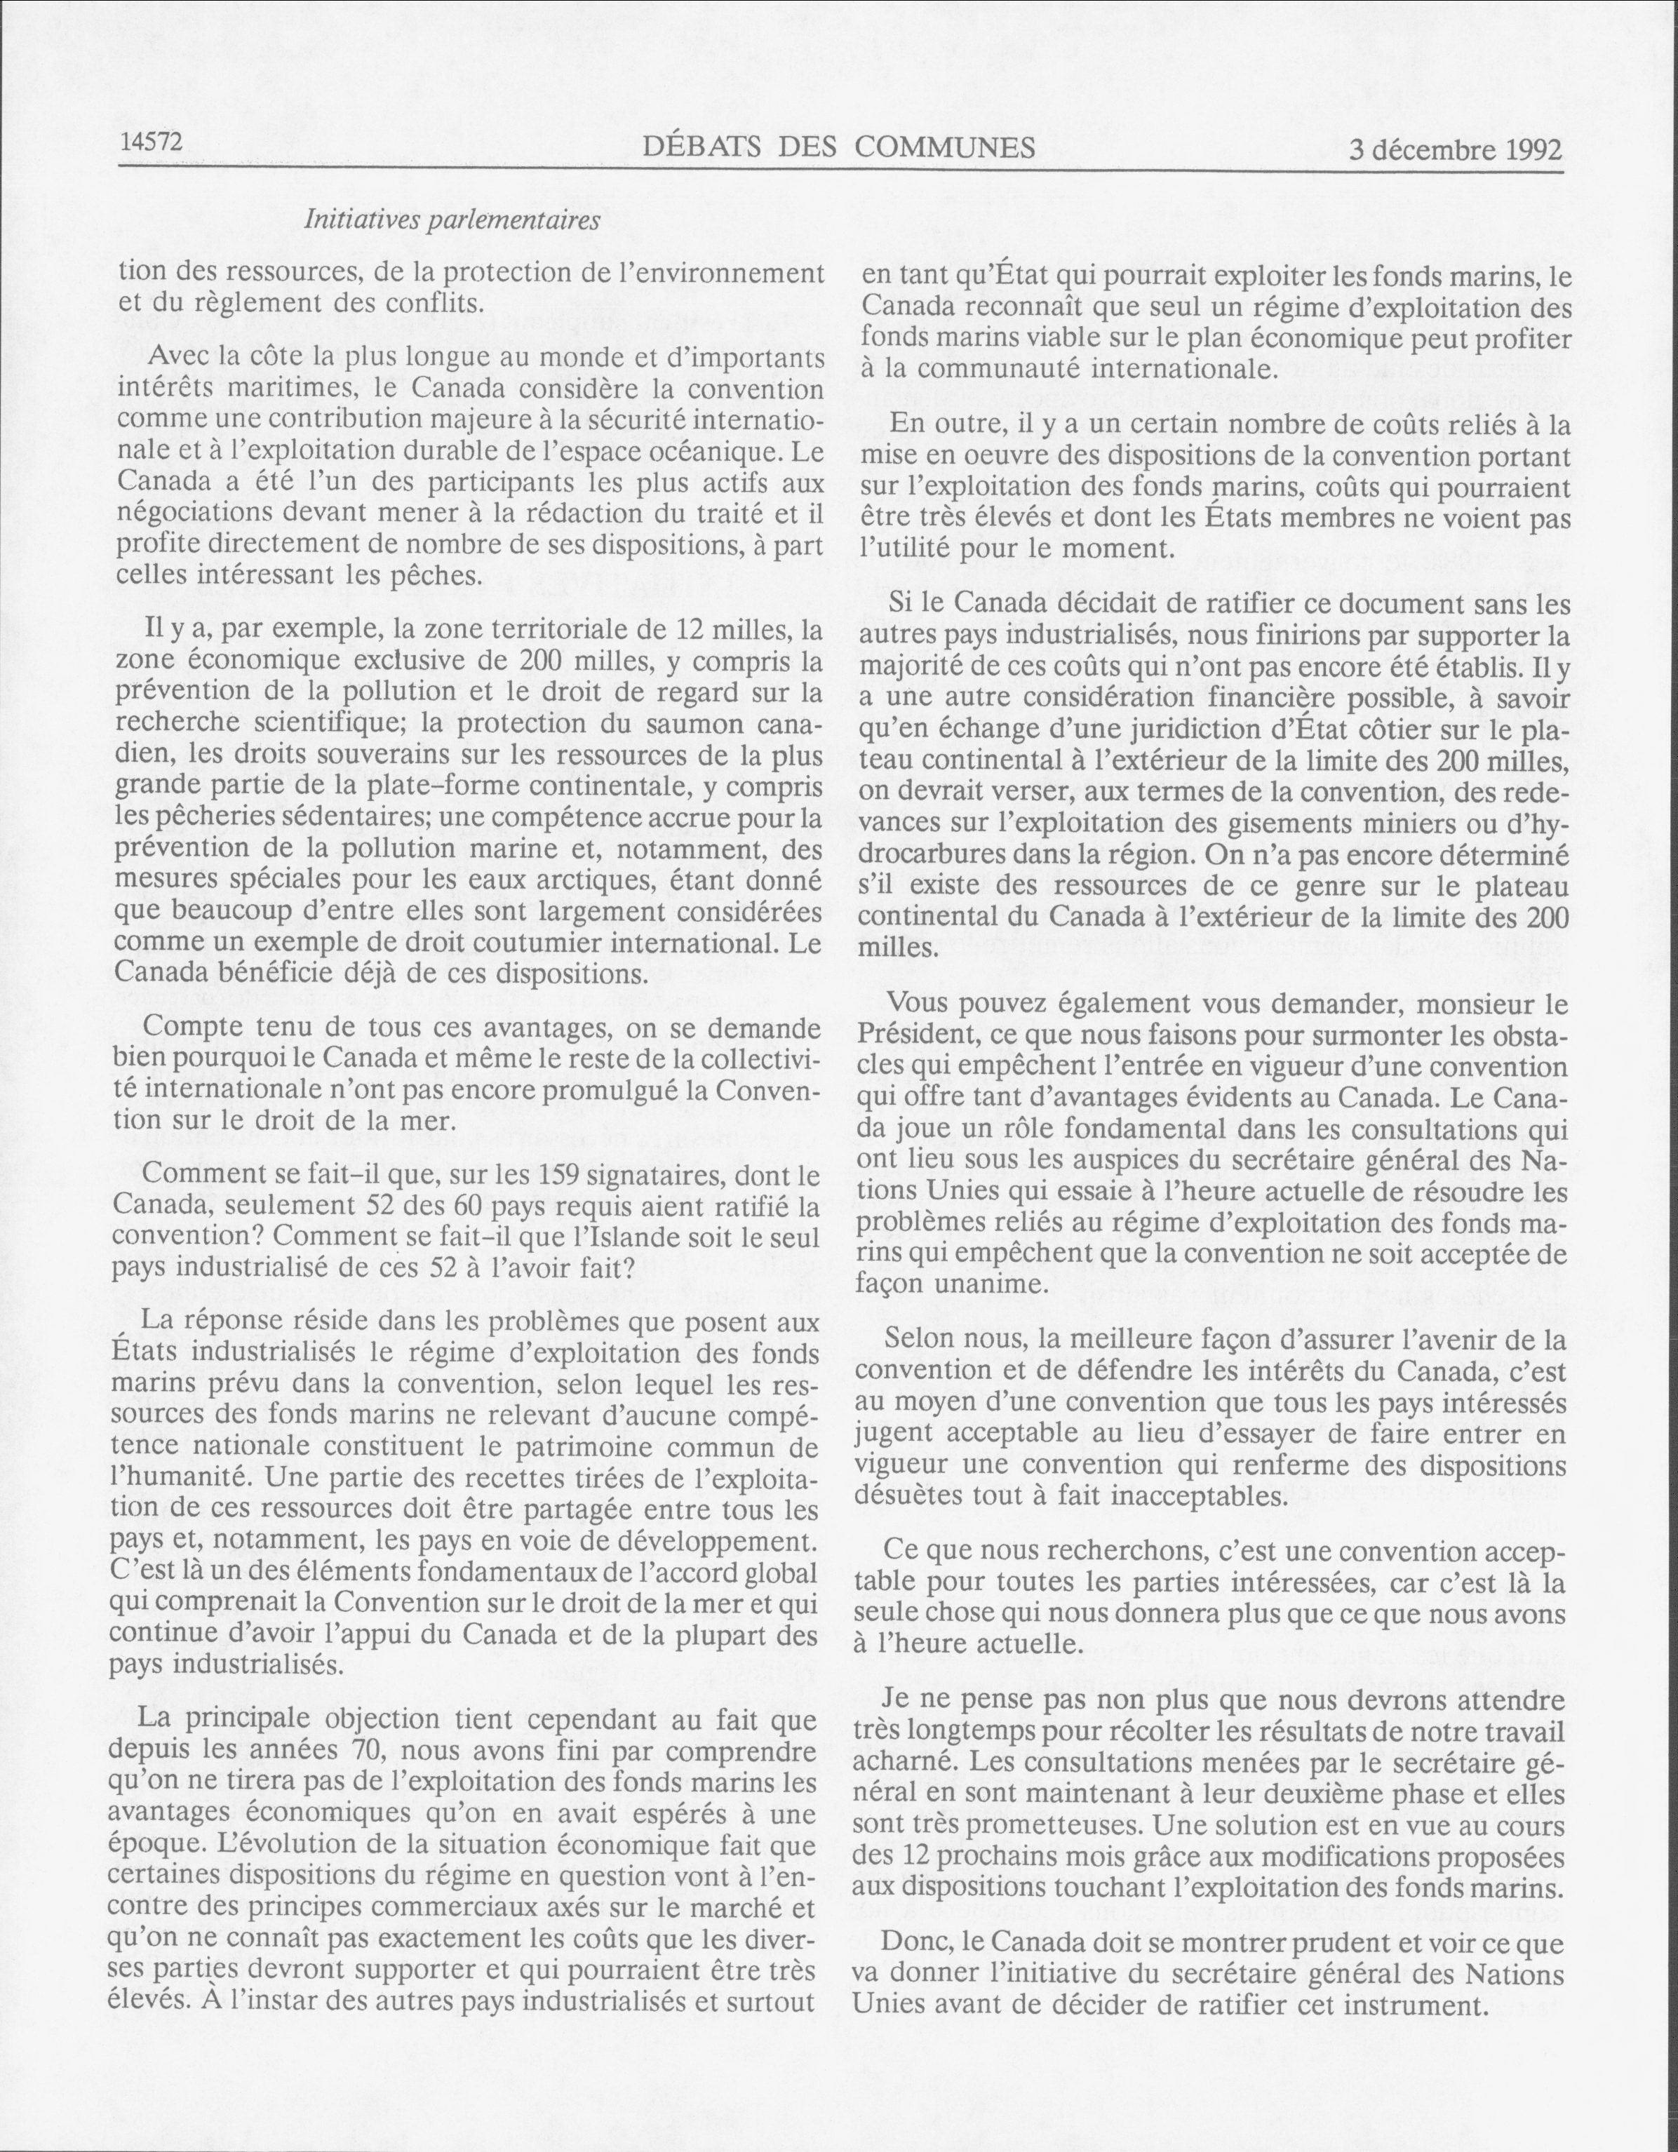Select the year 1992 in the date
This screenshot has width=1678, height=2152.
coord(1534,150)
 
